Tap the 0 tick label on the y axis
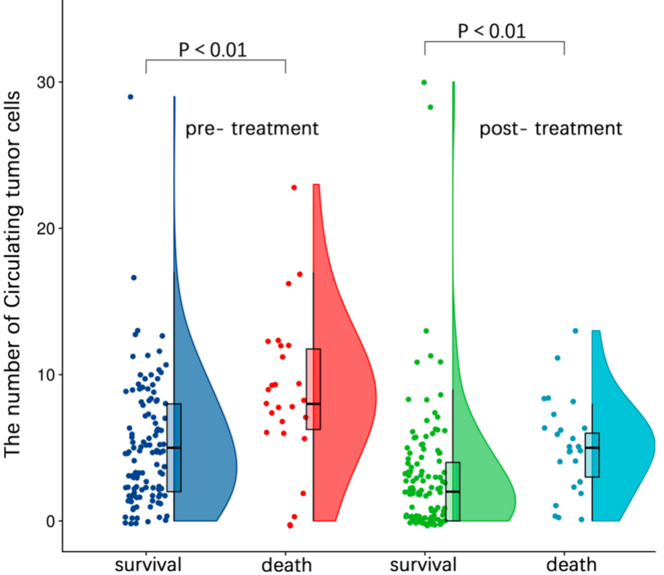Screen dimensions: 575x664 (x=51, y=521)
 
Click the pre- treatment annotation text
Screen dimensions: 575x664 (x=252, y=128)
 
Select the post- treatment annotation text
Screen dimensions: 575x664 (x=551, y=128)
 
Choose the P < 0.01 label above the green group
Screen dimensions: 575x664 (x=492, y=30)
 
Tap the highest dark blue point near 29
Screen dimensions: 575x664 (x=131, y=97)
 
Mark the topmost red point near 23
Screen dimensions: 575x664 (x=294, y=187)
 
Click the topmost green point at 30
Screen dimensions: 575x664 (x=424, y=82)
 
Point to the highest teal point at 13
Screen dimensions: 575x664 (x=575, y=331)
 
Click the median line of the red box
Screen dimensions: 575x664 (x=313, y=404)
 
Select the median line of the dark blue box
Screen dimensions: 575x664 (x=174, y=448)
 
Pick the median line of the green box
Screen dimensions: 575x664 (x=453, y=491)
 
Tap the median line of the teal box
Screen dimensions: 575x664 (x=592, y=448)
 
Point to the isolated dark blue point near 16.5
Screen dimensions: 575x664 (x=134, y=278)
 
